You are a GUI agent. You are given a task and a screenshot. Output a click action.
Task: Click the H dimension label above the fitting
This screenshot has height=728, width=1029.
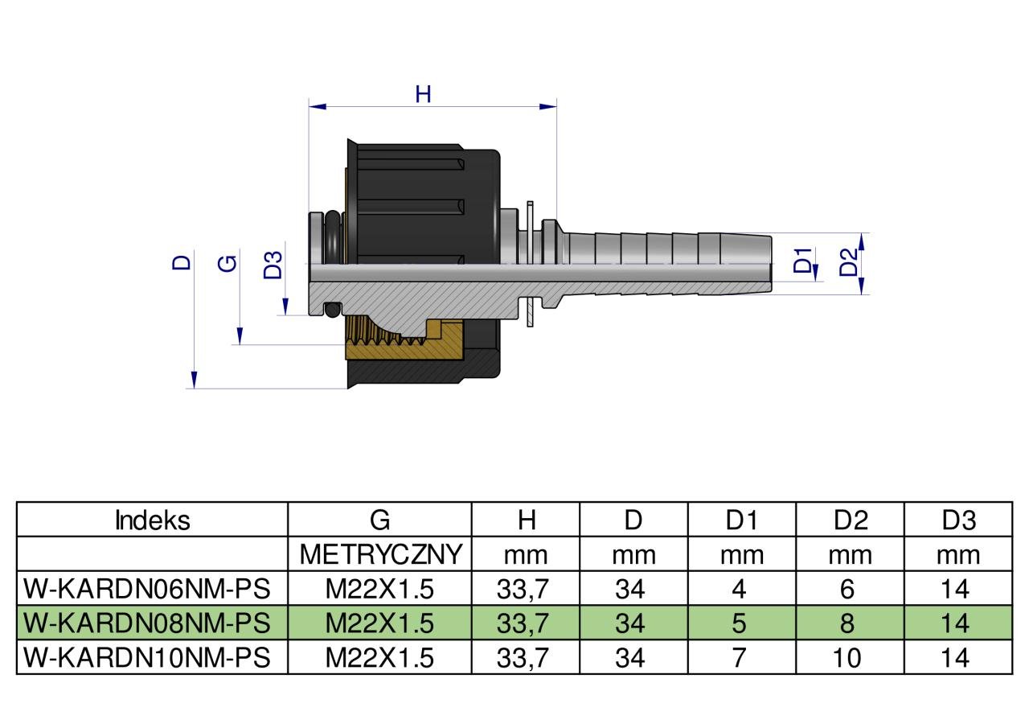pos(423,94)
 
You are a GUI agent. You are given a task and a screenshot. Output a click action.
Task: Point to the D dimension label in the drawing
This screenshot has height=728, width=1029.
pos(183,261)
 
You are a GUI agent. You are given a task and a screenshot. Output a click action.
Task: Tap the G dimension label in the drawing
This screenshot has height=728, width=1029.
pos(229,262)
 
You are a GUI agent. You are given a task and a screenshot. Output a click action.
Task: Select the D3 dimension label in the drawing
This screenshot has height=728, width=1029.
pos(274,265)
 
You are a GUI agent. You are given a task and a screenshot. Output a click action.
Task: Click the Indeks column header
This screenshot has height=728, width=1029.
pos(153,520)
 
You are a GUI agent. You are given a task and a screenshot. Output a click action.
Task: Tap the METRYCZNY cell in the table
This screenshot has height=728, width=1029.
pos(380,554)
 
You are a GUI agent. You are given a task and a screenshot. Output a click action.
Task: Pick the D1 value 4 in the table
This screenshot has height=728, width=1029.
pos(739,589)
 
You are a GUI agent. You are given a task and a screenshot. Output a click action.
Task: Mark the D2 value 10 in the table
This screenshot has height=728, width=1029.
pos(847,658)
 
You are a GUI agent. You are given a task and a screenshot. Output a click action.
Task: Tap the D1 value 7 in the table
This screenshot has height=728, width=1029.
pos(739,658)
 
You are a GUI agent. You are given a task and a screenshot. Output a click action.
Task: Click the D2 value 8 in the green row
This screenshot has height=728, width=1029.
pos(849,623)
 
